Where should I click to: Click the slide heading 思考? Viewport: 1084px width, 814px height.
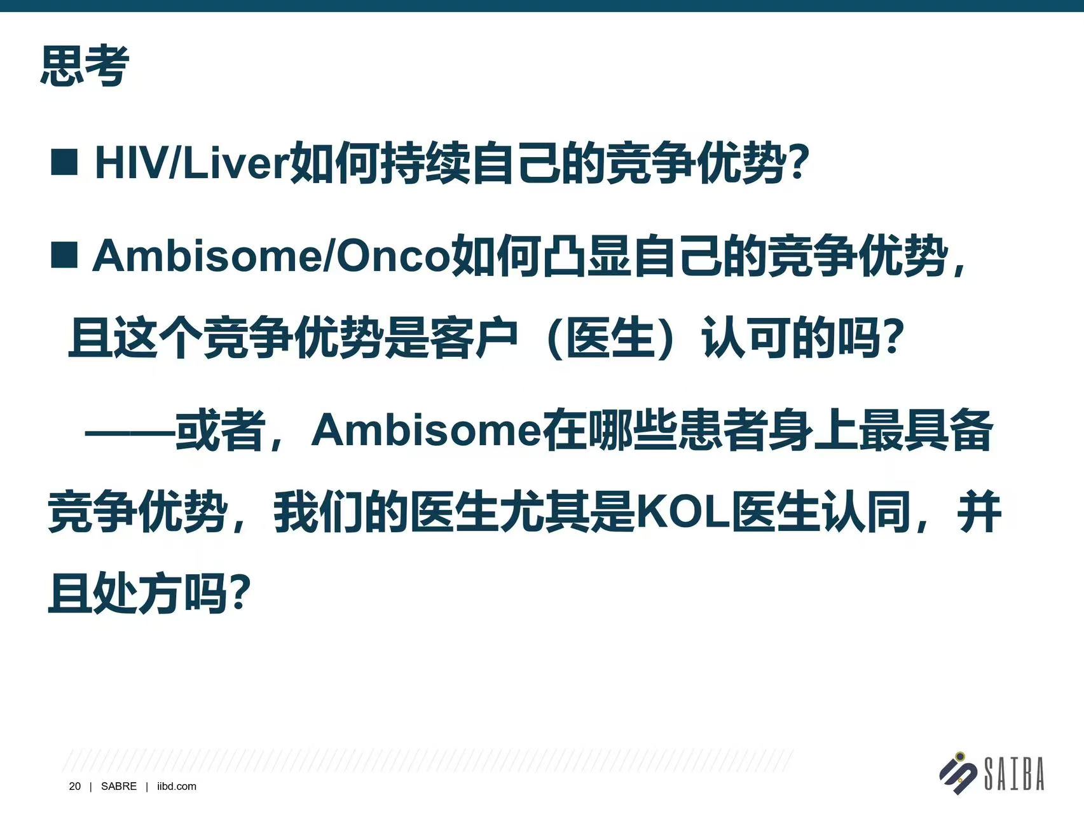point(85,66)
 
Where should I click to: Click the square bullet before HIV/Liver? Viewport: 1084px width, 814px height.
point(64,162)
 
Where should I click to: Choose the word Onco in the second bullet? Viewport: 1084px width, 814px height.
point(393,256)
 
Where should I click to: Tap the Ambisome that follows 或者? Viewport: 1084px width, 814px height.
point(426,430)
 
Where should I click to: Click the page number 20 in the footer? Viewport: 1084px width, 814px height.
point(75,787)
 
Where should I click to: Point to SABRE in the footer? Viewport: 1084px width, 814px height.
point(119,787)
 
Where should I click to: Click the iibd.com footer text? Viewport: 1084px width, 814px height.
point(177,787)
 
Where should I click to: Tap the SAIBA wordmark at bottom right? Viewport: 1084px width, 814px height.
point(1014,773)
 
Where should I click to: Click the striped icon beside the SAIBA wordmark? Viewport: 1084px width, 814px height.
point(959,773)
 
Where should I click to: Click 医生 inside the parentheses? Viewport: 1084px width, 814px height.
point(610,338)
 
